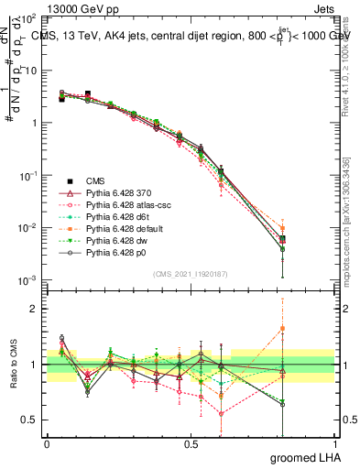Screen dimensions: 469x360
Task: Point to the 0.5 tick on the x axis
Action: click(x=191, y=444)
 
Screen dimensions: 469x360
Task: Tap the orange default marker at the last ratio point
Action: click(x=282, y=328)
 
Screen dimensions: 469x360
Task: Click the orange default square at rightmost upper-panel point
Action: click(x=282, y=228)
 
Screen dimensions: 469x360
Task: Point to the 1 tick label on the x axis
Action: click(x=334, y=444)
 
